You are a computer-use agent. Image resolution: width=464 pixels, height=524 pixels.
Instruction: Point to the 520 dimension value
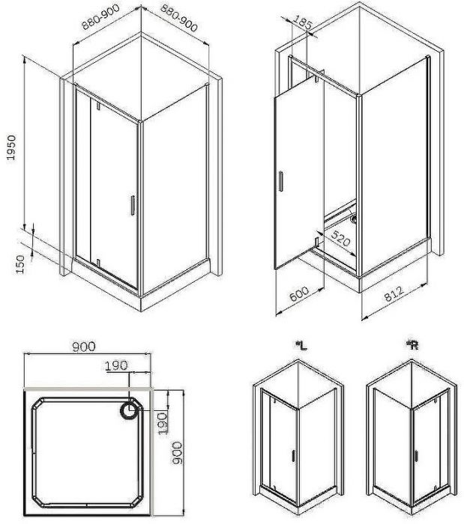tap(342, 242)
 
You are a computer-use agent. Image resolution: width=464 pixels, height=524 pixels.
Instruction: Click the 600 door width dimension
tap(299, 296)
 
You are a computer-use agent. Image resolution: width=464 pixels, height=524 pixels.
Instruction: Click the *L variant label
tap(301, 345)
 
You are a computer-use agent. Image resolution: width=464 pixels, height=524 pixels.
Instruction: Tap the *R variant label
tap(412, 345)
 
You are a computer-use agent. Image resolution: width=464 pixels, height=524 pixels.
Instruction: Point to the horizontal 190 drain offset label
tap(116, 365)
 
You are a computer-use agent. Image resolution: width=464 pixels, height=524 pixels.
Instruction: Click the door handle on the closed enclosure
tap(132, 207)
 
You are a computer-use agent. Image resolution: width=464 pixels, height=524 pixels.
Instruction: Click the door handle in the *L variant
tap(292, 455)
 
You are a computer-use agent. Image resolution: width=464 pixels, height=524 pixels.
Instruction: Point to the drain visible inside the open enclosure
tap(354, 220)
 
